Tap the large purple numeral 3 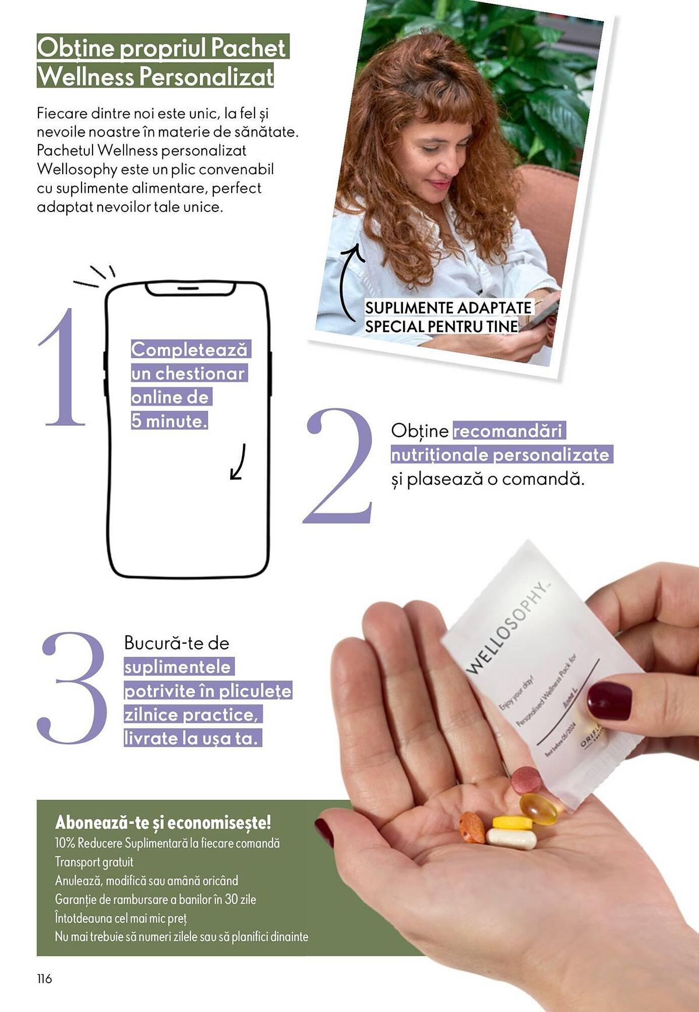[72, 688]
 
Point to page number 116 [45, 979]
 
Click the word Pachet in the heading [248, 48]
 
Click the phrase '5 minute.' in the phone [169, 421]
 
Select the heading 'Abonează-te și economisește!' [163, 822]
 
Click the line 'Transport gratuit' [94, 862]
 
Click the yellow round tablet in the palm [512, 822]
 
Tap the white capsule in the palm [511, 838]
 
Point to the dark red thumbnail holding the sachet [609, 700]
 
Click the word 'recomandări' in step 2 [508, 431]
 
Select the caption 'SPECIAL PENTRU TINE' [442, 326]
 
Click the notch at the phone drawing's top [190, 289]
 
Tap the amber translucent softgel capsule [539, 809]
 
